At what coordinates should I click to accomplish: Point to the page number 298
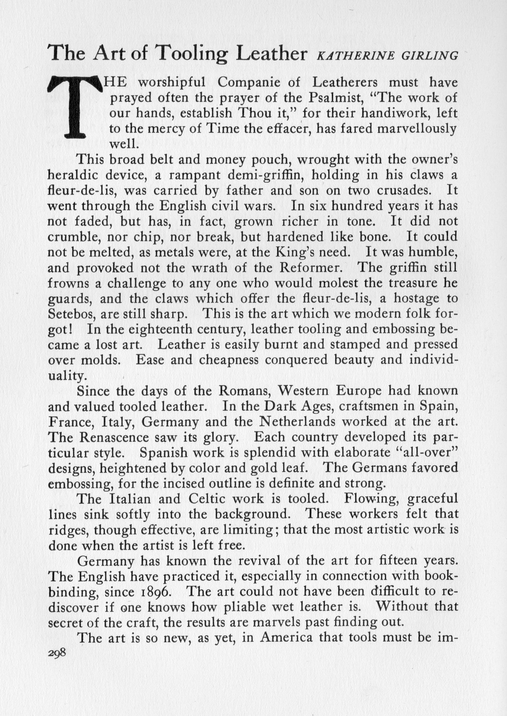(x=57, y=652)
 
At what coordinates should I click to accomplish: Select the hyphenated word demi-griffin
(x=265, y=175)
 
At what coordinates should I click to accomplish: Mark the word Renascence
(x=114, y=437)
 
